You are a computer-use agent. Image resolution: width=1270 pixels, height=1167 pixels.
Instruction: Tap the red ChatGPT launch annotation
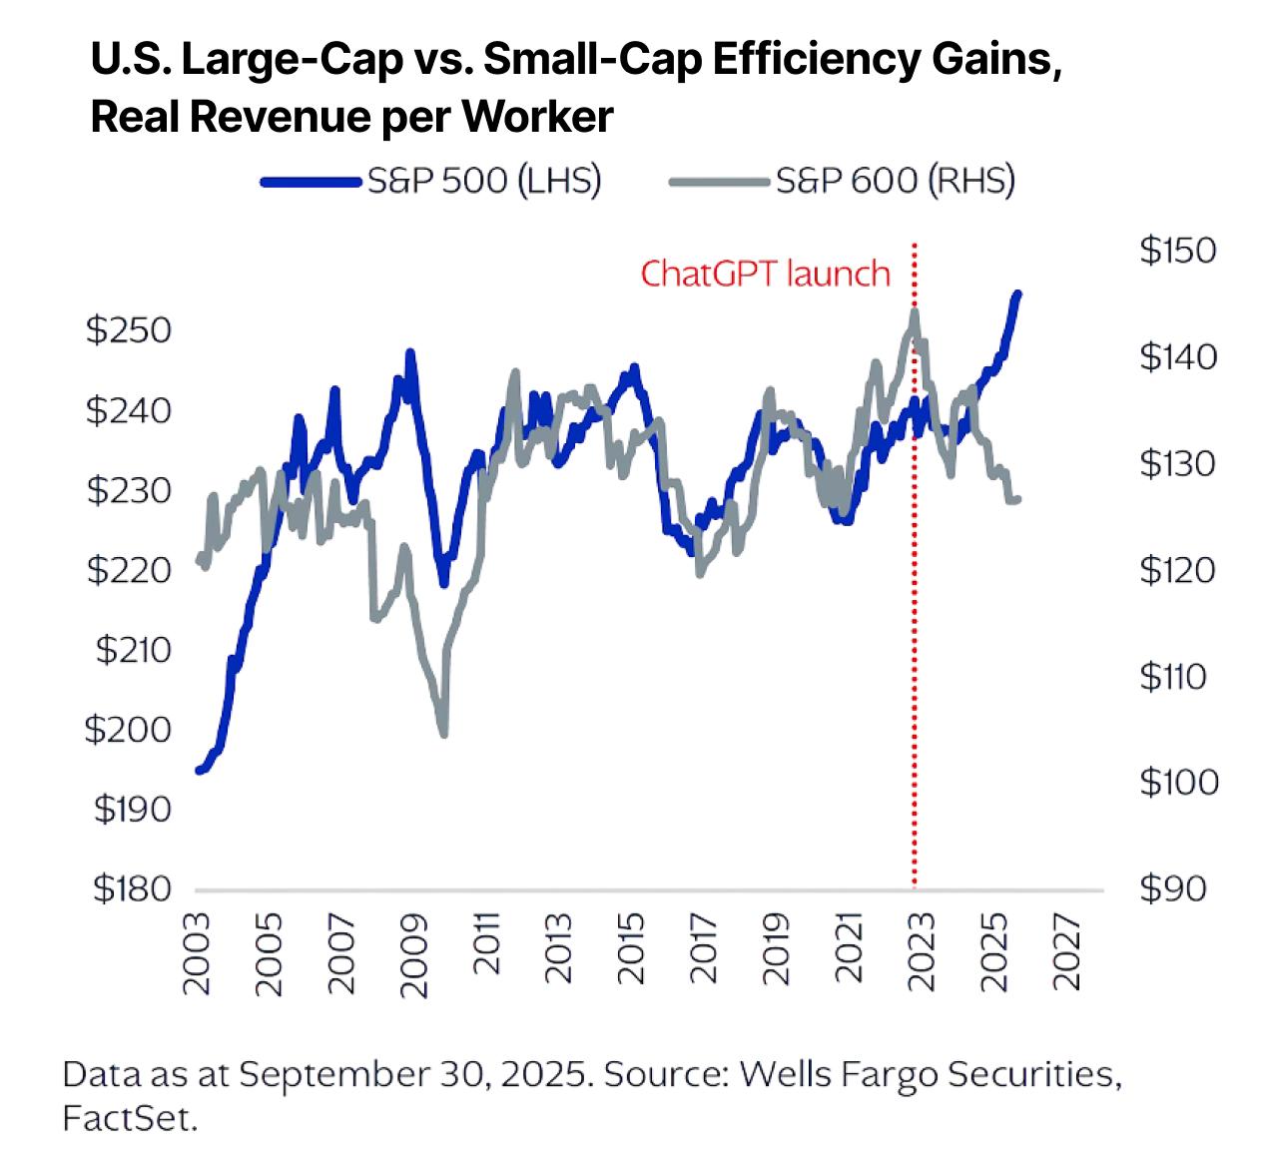tap(765, 274)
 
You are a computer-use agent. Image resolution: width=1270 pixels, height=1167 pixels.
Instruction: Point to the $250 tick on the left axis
tap(129, 330)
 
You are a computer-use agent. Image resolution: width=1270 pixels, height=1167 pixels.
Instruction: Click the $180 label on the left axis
tap(132, 888)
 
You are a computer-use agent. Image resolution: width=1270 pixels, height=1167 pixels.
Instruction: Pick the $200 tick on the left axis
tap(128, 730)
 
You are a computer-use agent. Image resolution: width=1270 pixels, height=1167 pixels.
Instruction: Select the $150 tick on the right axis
tap(1178, 251)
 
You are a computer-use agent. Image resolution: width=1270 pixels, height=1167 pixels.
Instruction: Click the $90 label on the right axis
tap(1173, 888)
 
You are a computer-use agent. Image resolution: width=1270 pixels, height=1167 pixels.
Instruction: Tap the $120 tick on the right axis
tap(1178, 570)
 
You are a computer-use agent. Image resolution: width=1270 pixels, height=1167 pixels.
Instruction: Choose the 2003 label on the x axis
tap(198, 953)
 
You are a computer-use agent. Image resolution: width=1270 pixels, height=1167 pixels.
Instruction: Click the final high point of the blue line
tap(1017, 293)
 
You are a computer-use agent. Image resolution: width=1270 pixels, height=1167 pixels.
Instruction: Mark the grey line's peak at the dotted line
tap(914, 312)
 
